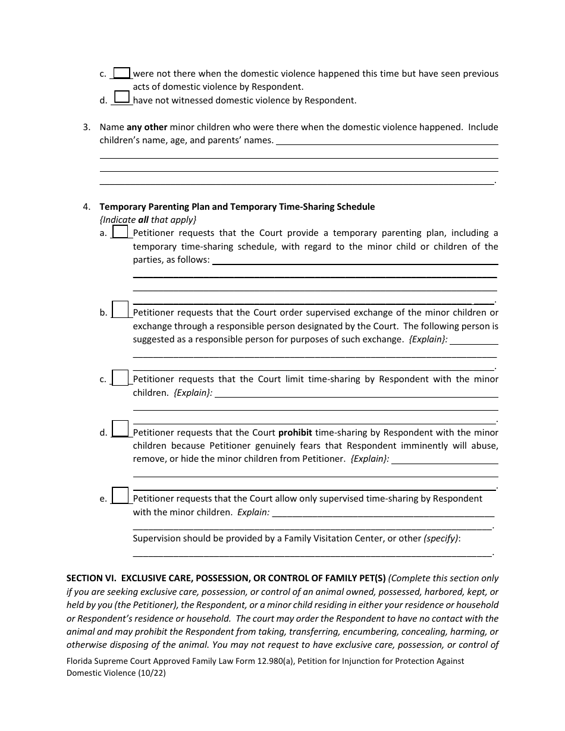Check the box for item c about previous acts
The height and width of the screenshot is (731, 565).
coord(122,73)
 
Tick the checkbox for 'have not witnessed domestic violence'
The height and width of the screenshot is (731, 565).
coord(122,97)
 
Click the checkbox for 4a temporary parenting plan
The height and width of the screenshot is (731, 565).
coord(120,232)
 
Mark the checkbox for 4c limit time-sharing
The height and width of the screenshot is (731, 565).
coord(120,377)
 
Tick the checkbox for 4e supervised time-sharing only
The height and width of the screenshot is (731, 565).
coord(120,496)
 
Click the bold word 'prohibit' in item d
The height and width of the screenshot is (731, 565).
coord(295,433)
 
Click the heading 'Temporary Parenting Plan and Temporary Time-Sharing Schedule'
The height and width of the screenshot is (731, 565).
coord(237,207)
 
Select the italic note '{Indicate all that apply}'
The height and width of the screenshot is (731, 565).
coord(147,220)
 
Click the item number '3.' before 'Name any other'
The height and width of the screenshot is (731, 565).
coord(87,127)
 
